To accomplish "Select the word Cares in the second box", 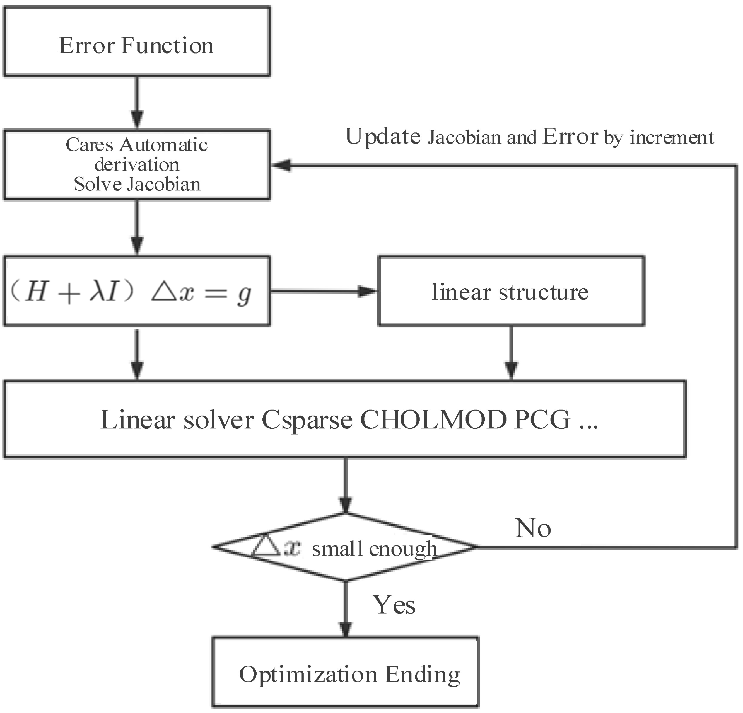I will coord(90,145).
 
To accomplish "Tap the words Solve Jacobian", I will coord(137,185).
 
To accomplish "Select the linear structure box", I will coord(511,291).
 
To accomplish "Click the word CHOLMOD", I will coord(434,420).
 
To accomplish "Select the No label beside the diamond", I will coord(533,528).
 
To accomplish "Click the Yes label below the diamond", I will coord(394,605).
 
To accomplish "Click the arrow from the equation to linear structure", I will coord(322,291).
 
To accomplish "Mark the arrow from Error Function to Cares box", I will coord(137,102).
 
